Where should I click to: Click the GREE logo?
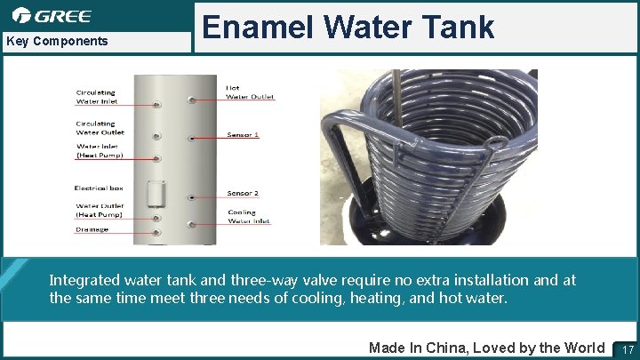pyautogui.click(x=52, y=15)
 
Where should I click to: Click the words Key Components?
pyautogui.click(x=57, y=41)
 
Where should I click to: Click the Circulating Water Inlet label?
pyautogui.click(x=96, y=97)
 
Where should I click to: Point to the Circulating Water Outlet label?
pyautogui.click(x=100, y=128)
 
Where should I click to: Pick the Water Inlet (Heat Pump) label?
pyautogui.click(x=100, y=151)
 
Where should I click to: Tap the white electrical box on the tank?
pyautogui.click(x=156, y=194)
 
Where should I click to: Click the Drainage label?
pyautogui.click(x=92, y=229)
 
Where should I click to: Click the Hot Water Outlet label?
pyautogui.click(x=250, y=92)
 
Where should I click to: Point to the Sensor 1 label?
pyautogui.click(x=243, y=134)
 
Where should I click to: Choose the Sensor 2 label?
pyautogui.click(x=243, y=193)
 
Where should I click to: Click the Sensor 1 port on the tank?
pyautogui.click(x=188, y=138)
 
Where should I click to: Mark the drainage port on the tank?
pyautogui.click(x=156, y=232)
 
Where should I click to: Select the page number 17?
pyautogui.click(x=627, y=348)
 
